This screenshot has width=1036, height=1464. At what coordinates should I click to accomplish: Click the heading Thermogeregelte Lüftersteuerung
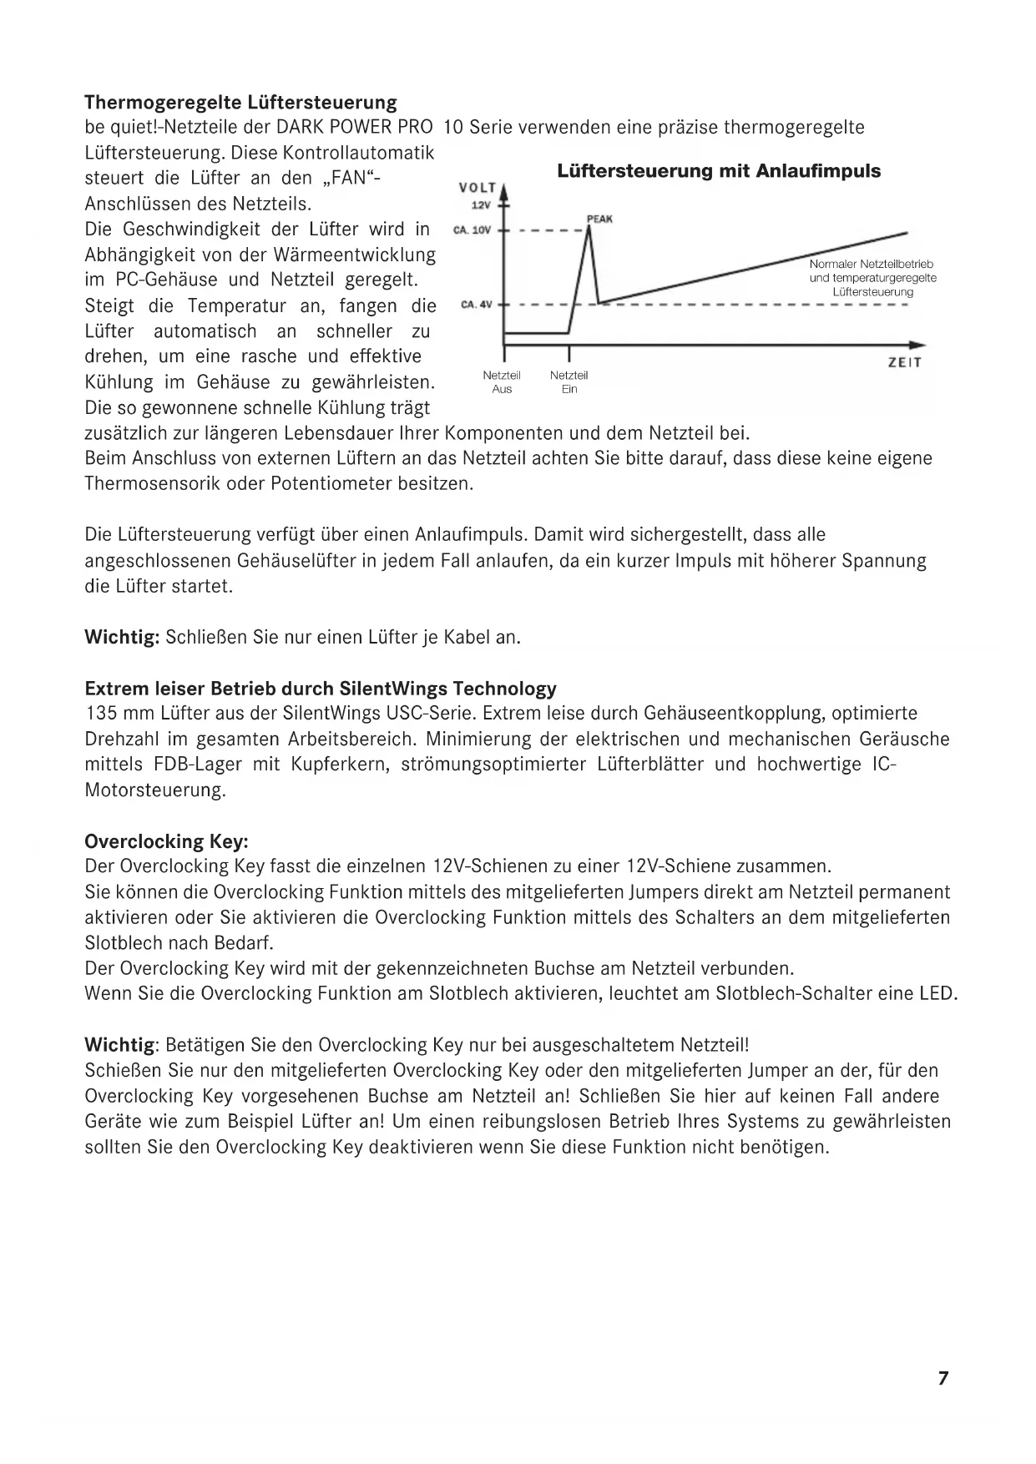240,103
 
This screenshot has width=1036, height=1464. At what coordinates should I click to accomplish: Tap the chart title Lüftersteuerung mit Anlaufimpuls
719,171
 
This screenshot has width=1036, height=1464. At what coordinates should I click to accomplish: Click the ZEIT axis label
905,363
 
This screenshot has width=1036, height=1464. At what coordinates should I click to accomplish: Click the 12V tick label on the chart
480,205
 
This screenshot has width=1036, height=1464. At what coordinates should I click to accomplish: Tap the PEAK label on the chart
599,219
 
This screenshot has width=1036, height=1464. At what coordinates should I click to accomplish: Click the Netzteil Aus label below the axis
502,382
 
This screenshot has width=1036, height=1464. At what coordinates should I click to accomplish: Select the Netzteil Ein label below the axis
569,382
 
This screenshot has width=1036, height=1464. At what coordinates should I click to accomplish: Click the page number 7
943,1378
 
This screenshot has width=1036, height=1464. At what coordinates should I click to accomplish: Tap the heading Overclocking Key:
167,841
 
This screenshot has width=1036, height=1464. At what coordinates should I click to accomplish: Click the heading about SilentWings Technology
321,689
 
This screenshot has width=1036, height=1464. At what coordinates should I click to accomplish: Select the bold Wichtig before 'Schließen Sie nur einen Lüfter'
122,638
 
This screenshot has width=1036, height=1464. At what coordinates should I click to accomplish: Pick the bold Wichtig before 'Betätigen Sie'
120,1045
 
